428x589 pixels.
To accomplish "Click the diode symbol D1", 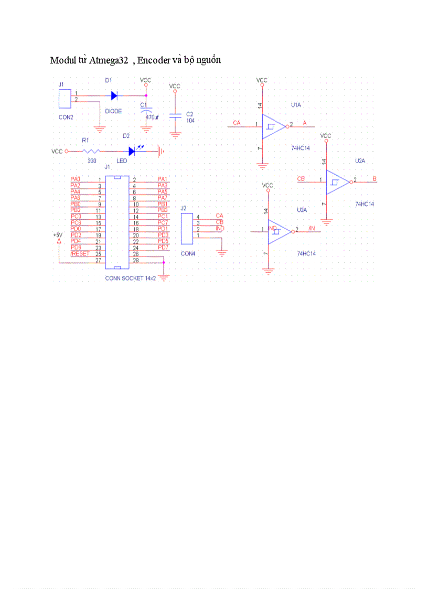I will coord(114,96).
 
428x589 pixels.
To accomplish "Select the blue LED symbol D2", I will coord(132,152).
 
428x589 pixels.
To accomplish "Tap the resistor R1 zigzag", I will coord(89,152).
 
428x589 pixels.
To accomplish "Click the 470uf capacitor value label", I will coord(152,117).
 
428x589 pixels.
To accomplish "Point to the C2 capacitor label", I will coord(190,114).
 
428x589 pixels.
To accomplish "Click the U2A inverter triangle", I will coord(337,182).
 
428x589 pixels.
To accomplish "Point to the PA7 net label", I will coord(163,198).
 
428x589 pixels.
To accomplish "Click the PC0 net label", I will coord(76,217).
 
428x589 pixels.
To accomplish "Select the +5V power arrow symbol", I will coord(59,241).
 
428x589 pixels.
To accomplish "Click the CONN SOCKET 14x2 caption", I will coord(130,279).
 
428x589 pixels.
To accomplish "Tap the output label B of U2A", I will coord(374,179).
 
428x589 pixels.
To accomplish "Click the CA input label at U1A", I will coord(237,123).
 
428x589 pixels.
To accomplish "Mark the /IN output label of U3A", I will coord(312,229).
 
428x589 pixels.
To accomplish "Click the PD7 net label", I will coord(163,248).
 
